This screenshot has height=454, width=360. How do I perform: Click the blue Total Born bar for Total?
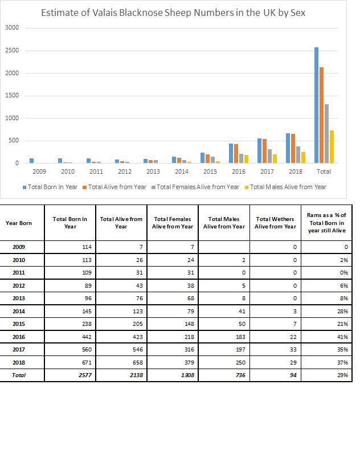pos(316,105)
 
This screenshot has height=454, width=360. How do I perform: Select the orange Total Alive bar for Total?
pos(321,115)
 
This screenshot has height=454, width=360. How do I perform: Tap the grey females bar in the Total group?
pos(327,133)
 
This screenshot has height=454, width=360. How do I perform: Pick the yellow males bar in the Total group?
pos(332,147)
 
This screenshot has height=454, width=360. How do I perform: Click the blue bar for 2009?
pos(31,161)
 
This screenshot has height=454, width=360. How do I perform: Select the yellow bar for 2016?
pos(247,159)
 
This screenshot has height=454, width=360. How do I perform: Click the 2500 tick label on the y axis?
pos(12,50)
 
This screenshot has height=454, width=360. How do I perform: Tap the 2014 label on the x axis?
pos(182,171)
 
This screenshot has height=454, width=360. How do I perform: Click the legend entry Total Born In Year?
pos(50,187)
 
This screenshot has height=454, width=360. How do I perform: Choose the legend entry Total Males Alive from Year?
pos(285,187)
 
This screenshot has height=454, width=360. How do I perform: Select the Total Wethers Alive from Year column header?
pos(275,223)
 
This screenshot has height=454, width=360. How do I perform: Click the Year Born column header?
pos(19,223)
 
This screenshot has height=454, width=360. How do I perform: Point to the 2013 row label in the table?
pos(19,298)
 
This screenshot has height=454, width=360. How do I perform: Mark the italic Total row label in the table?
pos(19,375)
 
